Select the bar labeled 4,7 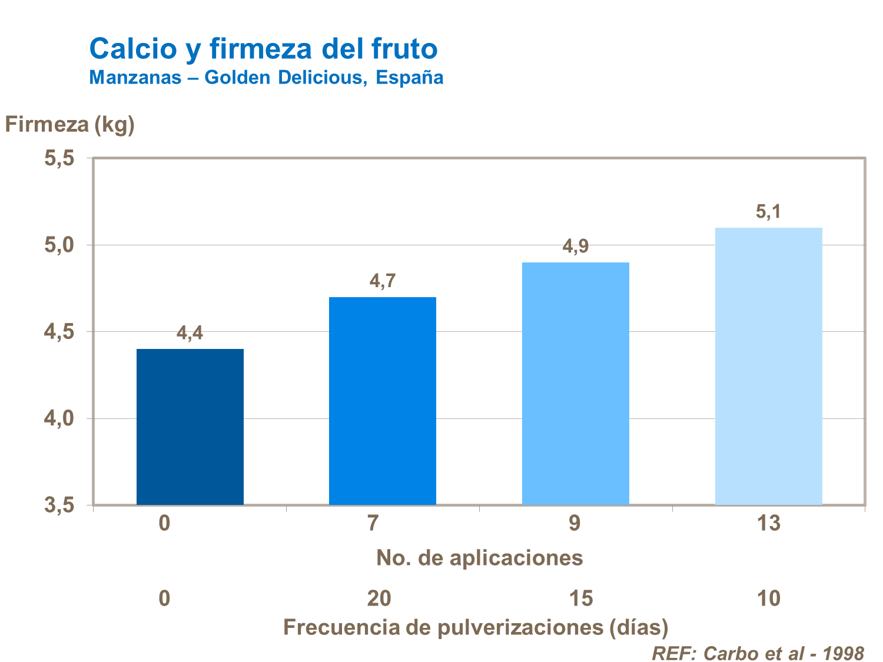382,401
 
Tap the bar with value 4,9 575,383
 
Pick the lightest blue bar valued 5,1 768,366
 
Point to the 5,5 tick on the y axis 59,158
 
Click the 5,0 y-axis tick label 59,245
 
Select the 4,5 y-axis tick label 59,332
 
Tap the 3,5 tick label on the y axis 59,505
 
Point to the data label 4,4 190,334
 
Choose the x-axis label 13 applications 768,523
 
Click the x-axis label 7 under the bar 373,523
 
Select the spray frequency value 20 379,598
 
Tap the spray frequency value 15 581,598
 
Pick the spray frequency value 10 768,598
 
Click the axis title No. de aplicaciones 479,557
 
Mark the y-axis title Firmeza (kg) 70,124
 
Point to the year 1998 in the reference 843,653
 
